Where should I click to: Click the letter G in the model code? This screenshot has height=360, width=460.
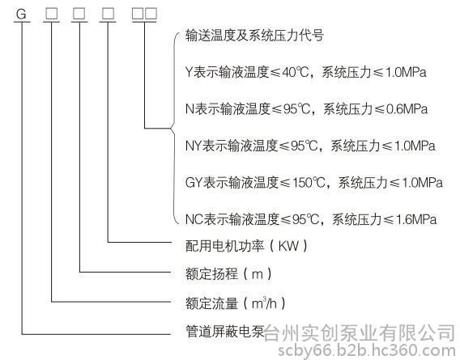click(x=21, y=14)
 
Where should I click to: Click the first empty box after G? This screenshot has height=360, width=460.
click(x=51, y=14)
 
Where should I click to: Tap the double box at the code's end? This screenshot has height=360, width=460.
click(x=144, y=14)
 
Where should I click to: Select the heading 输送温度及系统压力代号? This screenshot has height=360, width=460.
click(x=254, y=36)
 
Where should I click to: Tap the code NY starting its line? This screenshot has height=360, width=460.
click(x=194, y=146)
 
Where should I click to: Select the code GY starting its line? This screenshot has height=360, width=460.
click(x=194, y=182)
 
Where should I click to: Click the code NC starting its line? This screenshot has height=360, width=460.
click(x=194, y=219)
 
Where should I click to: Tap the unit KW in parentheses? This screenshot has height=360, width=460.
click(x=288, y=246)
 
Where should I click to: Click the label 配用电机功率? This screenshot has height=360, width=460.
click(x=224, y=246)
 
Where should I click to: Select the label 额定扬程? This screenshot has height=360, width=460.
click(x=211, y=273)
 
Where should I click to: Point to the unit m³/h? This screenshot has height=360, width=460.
click(x=264, y=303)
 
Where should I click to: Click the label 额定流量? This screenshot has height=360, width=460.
click(x=211, y=303)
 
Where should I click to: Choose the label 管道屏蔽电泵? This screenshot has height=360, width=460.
click(x=224, y=331)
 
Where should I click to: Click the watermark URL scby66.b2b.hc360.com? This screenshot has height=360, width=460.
click(x=367, y=350)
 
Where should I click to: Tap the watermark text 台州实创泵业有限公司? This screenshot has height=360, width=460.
click(x=359, y=333)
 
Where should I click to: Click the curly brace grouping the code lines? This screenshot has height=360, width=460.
click(x=174, y=128)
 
